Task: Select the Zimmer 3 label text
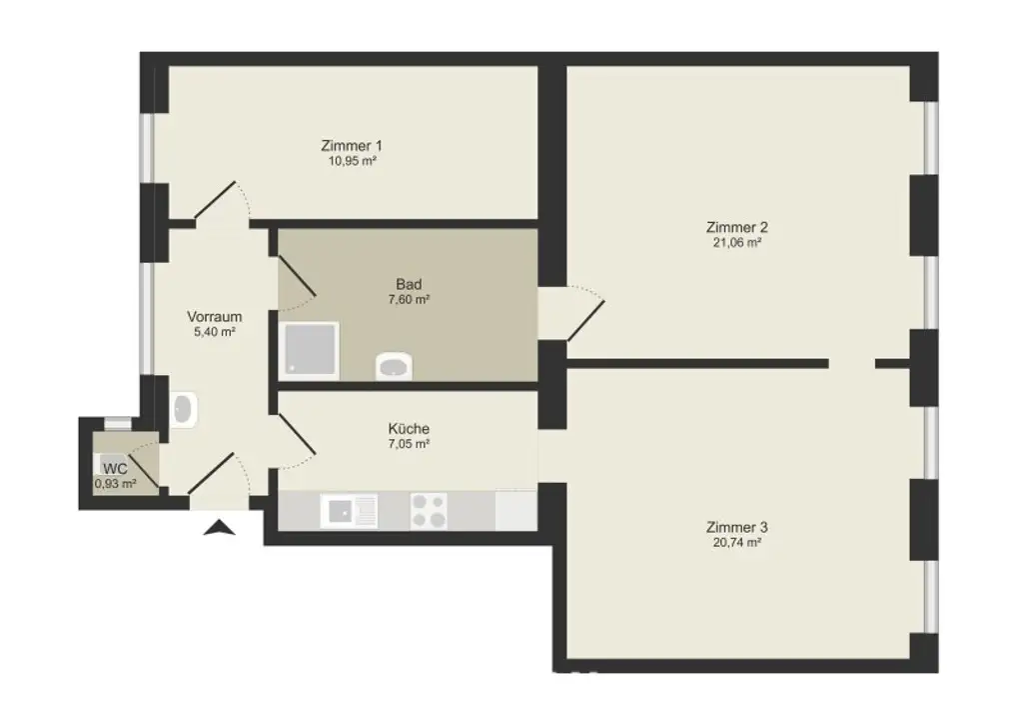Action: click(735, 527)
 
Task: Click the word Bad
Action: click(408, 284)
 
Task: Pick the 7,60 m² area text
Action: click(408, 299)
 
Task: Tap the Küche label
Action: click(409, 428)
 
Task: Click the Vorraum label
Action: click(214, 317)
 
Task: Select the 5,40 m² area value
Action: click(214, 332)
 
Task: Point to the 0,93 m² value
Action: click(115, 483)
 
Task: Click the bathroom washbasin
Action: click(395, 367)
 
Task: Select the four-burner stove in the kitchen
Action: click(429, 511)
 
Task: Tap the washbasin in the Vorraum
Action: click(184, 410)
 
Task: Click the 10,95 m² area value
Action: click(352, 160)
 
